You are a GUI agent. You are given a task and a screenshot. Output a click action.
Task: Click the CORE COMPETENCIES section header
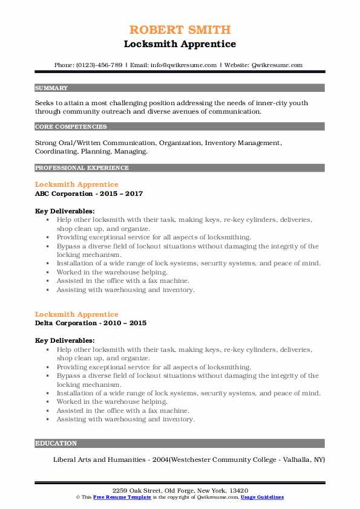point(71,127)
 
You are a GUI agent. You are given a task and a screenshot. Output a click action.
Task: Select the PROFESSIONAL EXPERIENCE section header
point(82,167)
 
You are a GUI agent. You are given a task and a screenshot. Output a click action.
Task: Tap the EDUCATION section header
point(56,443)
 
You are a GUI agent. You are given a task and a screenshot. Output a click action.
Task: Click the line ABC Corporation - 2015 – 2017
point(89,193)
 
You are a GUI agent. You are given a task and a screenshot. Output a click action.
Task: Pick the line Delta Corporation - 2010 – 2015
point(91,323)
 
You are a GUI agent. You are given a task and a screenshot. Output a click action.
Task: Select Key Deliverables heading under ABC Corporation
point(65,211)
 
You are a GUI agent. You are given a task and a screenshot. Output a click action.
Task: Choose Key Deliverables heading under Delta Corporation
point(65,340)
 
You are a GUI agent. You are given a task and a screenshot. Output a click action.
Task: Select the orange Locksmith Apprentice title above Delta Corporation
point(77,314)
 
